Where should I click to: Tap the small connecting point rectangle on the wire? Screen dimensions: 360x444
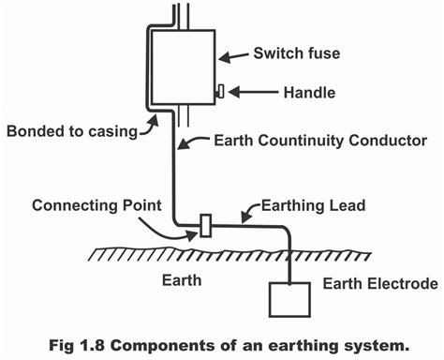tap(205, 227)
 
